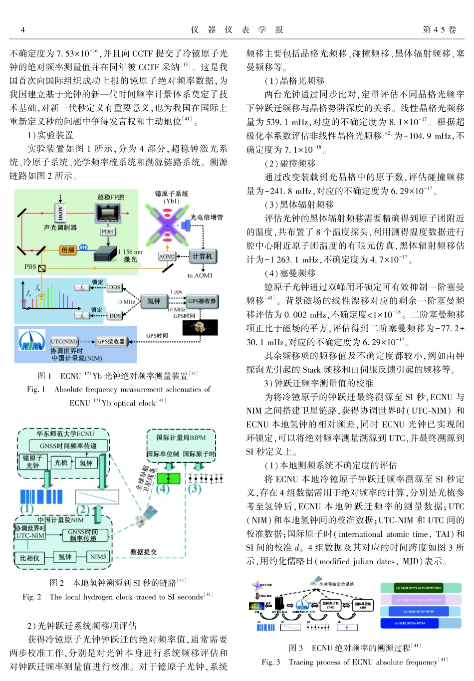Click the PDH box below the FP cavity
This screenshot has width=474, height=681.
pos(108,231)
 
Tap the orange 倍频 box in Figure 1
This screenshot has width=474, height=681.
pos(67,250)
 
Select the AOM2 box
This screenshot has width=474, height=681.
pos(167,256)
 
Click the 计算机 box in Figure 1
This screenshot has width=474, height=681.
pos(202,256)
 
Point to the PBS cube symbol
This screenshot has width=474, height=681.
pos(42,268)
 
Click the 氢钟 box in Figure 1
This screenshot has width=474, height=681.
pos(154,301)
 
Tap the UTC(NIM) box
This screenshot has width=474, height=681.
pos(64,341)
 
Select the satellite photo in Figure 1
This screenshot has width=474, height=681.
pos(200,327)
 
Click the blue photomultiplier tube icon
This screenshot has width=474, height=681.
pos(186,226)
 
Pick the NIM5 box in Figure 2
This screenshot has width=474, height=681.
pos(98,557)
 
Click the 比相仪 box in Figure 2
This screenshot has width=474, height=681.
pos(29,557)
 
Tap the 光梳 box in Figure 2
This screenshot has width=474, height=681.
pos(61,463)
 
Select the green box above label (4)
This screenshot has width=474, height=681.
pos(169,478)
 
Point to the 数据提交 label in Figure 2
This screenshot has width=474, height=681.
pos(143,552)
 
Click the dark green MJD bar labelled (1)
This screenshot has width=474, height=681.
pos(421,588)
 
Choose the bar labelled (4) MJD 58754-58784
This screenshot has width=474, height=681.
pos(421,623)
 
